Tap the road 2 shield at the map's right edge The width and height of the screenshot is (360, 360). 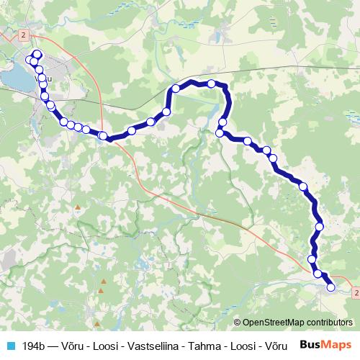point(356,290)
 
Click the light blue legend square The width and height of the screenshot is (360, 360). point(10,346)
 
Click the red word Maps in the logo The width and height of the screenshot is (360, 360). point(336,345)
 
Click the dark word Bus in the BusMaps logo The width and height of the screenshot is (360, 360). point(310,345)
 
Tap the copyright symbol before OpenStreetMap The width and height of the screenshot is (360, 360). point(238,322)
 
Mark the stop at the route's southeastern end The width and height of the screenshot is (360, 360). point(331,287)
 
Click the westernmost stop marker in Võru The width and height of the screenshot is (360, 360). point(30,60)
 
